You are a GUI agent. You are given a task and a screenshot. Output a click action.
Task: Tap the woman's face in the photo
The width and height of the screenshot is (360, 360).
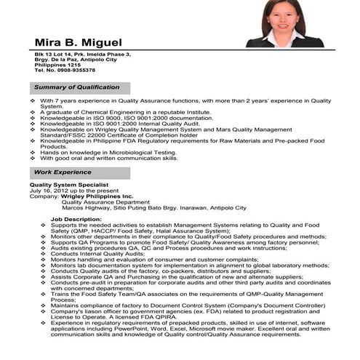pyautogui.click(x=285, y=15)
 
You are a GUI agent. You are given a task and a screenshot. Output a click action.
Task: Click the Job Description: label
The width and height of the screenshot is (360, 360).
pyautogui.click(x=76, y=219)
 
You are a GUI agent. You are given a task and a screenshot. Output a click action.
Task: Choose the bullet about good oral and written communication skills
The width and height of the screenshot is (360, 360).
pyautogui.click(x=108, y=158)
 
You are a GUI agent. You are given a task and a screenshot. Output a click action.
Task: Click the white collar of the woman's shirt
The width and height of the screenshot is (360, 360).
pyautogui.click(x=284, y=36)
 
